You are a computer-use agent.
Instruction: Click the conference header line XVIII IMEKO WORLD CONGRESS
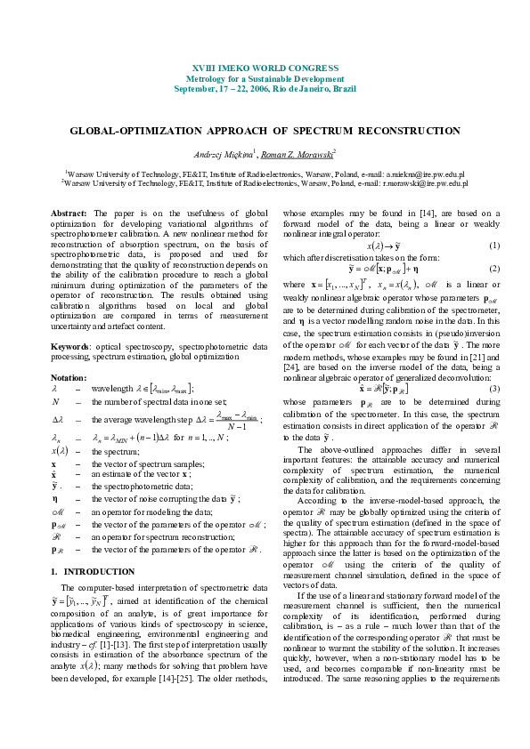pyautogui.click(x=265, y=68)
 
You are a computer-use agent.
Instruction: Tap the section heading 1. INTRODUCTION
pyautogui.click(x=87, y=570)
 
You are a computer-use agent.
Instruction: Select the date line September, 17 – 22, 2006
pyautogui.click(x=265, y=88)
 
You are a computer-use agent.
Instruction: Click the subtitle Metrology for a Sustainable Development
pyautogui.click(x=265, y=78)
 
